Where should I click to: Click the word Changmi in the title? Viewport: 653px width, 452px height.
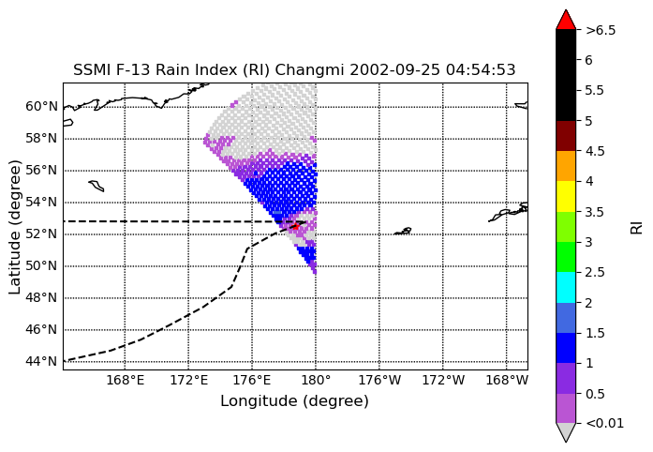[x=309, y=69]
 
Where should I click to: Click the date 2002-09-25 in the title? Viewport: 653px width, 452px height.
[x=394, y=69]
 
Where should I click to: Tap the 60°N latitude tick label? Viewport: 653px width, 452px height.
[x=41, y=106]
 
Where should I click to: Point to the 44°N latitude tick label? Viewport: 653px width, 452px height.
[x=41, y=361]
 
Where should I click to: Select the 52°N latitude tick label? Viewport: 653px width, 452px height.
[x=41, y=234]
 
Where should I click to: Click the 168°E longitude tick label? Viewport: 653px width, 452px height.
[x=126, y=381]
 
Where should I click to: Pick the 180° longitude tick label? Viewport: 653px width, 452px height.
[x=316, y=381]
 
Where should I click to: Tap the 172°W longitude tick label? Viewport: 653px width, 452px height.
[x=443, y=381]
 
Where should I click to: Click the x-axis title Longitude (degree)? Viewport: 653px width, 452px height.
[x=294, y=401]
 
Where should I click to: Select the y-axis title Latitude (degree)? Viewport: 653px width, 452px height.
[x=15, y=227]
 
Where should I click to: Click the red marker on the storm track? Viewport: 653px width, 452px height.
[x=295, y=226]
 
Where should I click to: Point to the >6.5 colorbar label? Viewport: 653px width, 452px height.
[x=601, y=30]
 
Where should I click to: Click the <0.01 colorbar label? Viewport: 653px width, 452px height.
[x=604, y=424]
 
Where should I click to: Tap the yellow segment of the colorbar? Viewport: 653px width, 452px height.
[x=566, y=196]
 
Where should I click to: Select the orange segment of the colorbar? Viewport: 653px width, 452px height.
[x=566, y=166]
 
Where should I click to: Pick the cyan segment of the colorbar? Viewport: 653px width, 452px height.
[x=566, y=287]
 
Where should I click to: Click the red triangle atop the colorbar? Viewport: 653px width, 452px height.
[x=566, y=20]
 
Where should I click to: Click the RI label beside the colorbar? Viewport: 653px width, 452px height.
[x=637, y=228]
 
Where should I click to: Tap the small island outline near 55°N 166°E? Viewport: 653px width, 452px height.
[x=96, y=186]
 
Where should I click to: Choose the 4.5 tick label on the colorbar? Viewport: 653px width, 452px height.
[x=595, y=151]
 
